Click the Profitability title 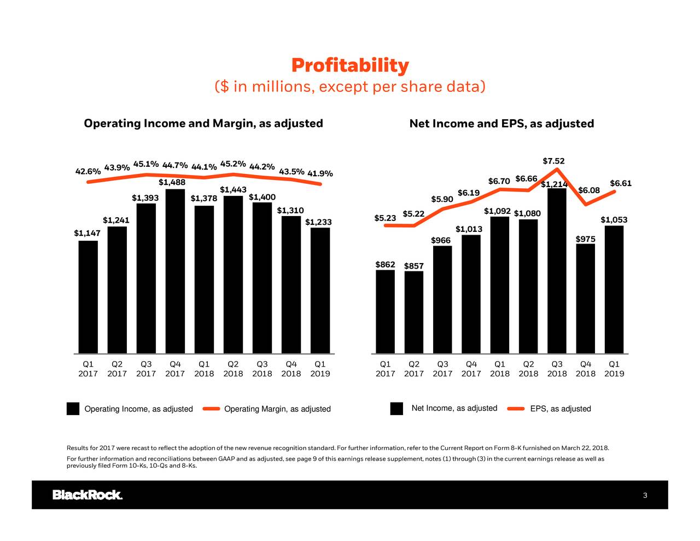pyautogui.click(x=349, y=66)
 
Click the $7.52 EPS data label pyautogui.click(x=553, y=161)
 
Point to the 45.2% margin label pyautogui.click(x=233, y=164)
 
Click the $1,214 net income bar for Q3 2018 pyautogui.click(x=557, y=271)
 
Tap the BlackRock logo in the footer pyautogui.click(x=87, y=495)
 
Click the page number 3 pyautogui.click(x=645, y=496)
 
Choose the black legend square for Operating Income pyautogui.click(x=73, y=409)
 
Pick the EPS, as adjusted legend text pyautogui.click(x=561, y=409)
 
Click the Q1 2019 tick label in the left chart pyautogui.click(x=320, y=369)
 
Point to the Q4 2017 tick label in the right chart pyautogui.click(x=471, y=369)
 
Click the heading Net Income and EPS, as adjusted pyautogui.click(x=501, y=124)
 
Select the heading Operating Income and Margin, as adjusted pyautogui.click(x=203, y=123)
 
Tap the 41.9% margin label pyautogui.click(x=320, y=174)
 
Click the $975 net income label pyautogui.click(x=586, y=240)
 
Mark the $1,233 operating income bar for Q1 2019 pyautogui.click(x=320, y=290)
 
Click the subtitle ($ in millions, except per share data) pyautogui.click(x=349, y=87)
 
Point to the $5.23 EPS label pyautogui.click(x=385, y=218)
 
